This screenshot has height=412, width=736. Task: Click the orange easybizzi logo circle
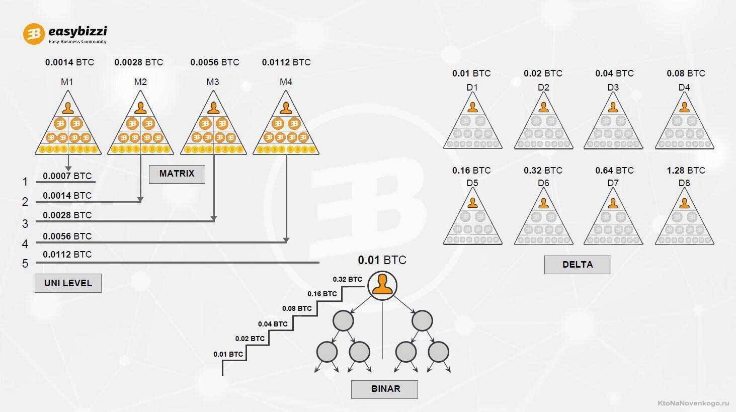[x=34, y=34]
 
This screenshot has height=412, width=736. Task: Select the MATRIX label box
[x=177, y=174]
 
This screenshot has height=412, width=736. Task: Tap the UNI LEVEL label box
[x=68, y=283]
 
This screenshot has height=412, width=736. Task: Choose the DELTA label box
[x=578, y=265]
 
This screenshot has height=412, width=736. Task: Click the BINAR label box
[x=384, y=389]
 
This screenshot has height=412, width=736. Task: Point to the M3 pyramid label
[x=213, y=82]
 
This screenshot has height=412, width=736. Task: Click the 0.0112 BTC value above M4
[x=286, y=62]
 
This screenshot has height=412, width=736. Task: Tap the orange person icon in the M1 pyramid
[x=68, y=108]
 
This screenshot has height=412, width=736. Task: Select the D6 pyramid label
[x=543, y=183]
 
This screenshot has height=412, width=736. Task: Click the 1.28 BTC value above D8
[x=686, y=171]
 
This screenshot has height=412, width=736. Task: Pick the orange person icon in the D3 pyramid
[x=613, y=107]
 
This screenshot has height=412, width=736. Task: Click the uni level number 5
[x=25, y=264]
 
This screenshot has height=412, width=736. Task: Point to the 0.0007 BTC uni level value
[x=67, y=176]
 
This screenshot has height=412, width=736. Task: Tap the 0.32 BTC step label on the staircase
[x=347, y=279]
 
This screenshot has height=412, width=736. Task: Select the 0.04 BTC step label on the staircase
[x=273, y=324]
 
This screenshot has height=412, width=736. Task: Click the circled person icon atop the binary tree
[x=382, y=286]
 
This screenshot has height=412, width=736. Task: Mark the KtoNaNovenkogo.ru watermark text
[x=693, y=403]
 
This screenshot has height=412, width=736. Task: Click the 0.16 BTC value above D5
[x=471, y=171]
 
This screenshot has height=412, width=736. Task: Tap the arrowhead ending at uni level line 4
[x=286, y=240]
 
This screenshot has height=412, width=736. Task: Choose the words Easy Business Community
[x=77, y=42]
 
